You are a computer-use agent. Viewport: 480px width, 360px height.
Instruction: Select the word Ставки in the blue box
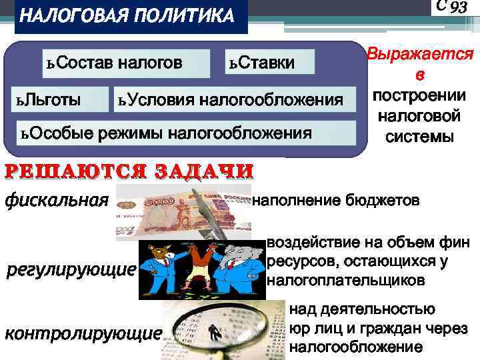267,63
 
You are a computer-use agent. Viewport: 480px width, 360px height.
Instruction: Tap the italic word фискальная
56,199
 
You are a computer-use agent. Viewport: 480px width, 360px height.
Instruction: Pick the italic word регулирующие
71,271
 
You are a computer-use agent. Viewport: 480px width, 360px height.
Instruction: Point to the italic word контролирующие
83,333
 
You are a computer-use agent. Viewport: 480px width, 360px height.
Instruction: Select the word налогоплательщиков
345,281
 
